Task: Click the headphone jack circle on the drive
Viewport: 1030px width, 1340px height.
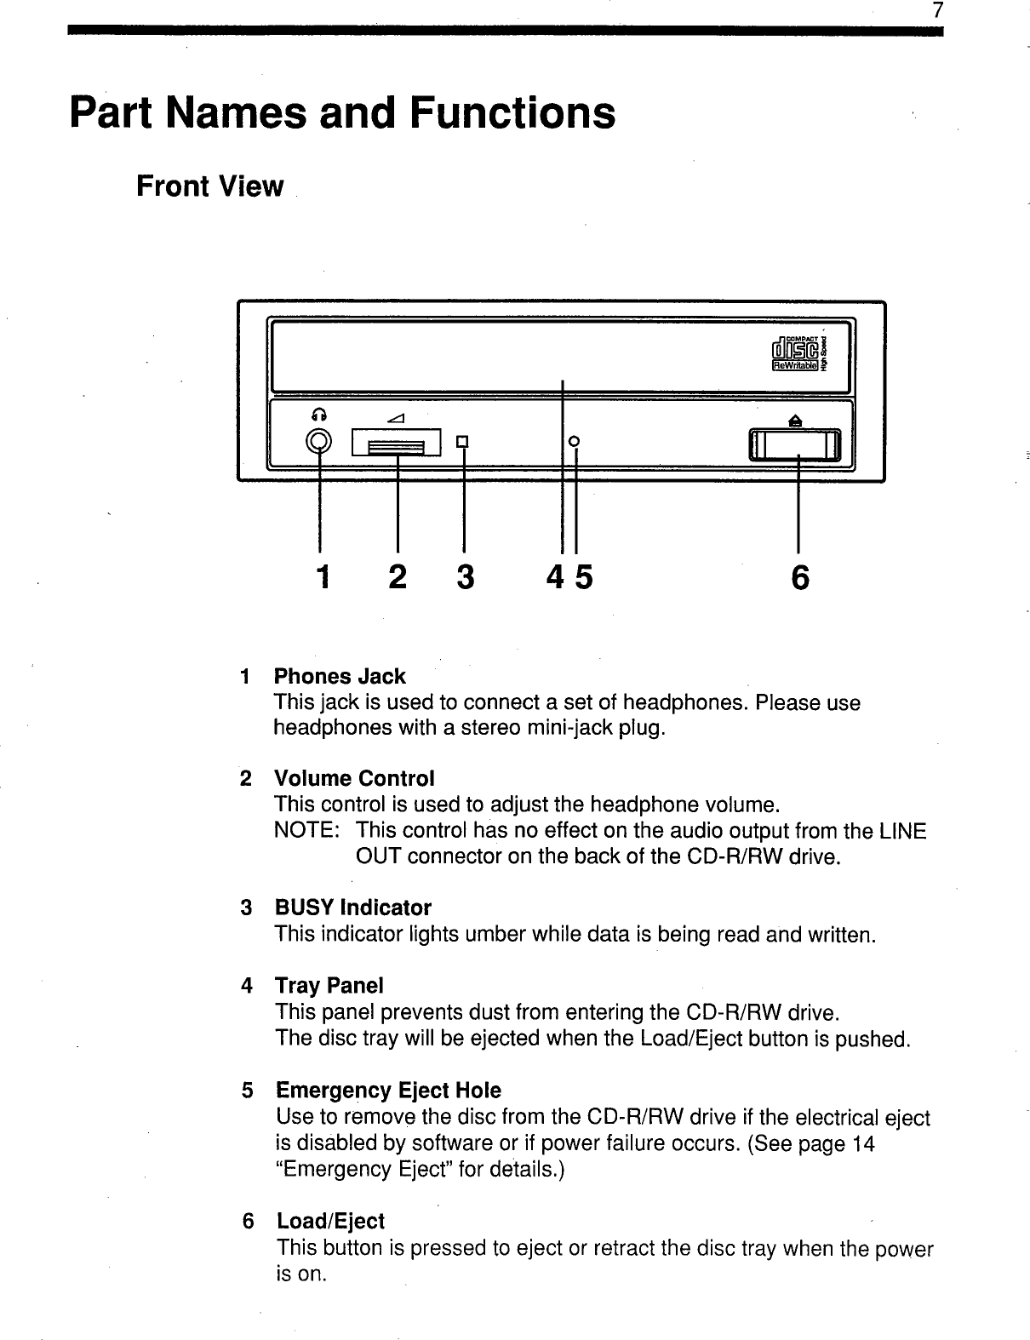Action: [x=319, y=441]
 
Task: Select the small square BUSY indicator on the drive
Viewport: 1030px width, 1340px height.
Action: [x=463, y=441]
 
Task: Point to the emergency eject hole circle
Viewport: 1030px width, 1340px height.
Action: [x=575, y=440]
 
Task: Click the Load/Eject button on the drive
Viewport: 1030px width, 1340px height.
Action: [x=795, y=444]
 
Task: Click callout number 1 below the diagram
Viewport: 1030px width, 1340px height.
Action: [x=321, y=578]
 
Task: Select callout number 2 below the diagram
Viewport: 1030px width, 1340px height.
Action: [x=397, y=578]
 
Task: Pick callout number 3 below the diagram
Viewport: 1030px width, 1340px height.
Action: [x=465, y=578]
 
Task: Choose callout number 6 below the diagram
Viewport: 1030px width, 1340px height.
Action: [x=799, y=578]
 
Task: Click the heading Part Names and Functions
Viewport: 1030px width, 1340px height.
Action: [x=342, y=113]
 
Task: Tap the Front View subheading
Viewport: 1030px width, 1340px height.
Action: [x=209, y=186]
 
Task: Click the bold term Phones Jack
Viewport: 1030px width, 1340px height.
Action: [x=340, y=677]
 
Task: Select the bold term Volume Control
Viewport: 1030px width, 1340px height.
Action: [x=354, y=779]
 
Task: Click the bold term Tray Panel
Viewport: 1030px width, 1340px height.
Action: [x=329, y=986]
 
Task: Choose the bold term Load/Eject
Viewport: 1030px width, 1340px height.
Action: [x=330, y=1221]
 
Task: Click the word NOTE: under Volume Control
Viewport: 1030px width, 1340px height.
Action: [x=306, y=831]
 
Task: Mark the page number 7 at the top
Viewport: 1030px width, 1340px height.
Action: [x=937, y=11]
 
